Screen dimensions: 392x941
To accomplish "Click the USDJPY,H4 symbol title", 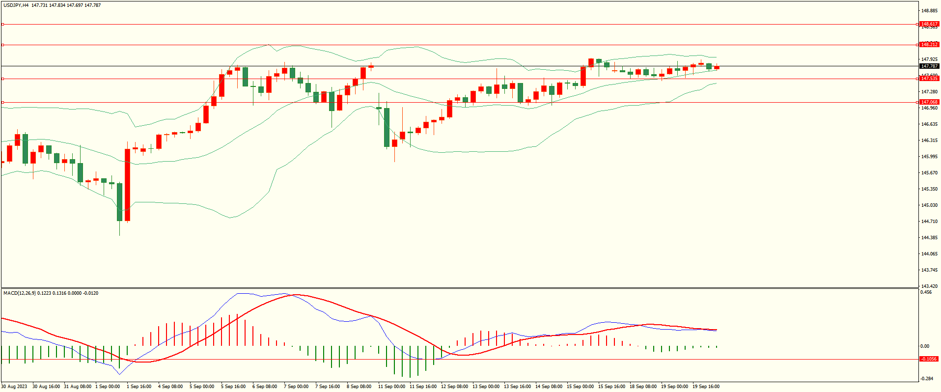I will click(16, 5).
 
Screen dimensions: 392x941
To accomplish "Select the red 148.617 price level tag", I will click(929, 24).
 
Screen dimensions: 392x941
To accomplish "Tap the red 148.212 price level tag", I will click(929, 45).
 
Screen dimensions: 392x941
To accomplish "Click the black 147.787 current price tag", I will click(929, 66).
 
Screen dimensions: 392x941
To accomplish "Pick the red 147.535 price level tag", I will click(929, 79).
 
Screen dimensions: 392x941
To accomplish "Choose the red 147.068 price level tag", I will click(929, 102).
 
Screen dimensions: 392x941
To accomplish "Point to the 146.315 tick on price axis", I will click(929, 140).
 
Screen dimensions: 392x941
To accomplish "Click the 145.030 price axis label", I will click(929, 205).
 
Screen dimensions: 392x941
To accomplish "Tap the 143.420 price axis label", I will click(929, 286).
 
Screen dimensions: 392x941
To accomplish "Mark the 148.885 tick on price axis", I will click(929, 11).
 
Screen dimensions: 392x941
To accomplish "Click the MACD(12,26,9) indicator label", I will click(20, 293).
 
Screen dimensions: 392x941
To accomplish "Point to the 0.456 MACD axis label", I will click(926, 292).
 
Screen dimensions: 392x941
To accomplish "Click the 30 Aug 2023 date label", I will click(14, 387).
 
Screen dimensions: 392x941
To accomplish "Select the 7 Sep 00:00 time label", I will click(296, 387).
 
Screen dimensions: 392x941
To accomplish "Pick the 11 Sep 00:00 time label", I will click(391, 387).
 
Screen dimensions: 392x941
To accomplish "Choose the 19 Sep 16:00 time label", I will click(706, 387).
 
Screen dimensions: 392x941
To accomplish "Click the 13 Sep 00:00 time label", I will click(486, 387).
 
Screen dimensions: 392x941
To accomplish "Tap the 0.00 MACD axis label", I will click(924, 346).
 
